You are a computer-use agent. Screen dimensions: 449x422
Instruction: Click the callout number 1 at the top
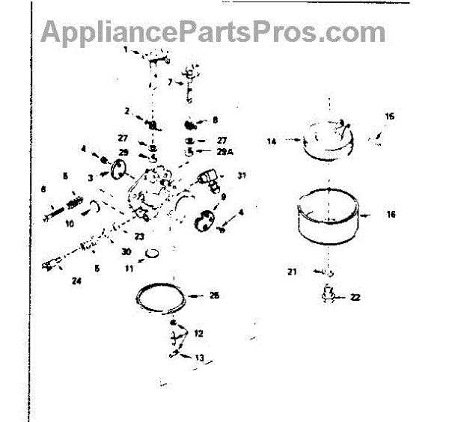(126, 50)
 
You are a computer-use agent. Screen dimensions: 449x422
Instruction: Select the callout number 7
(170, 82)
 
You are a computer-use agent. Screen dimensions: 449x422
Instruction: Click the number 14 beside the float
(272, 141)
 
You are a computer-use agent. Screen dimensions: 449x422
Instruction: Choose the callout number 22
(355, 297)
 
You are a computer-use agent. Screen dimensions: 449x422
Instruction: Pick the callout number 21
(293, 272)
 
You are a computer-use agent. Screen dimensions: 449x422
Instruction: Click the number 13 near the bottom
(198, 358)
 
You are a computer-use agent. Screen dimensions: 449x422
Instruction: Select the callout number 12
(198, 333)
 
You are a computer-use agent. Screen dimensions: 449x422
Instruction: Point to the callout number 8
(215, 120)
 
